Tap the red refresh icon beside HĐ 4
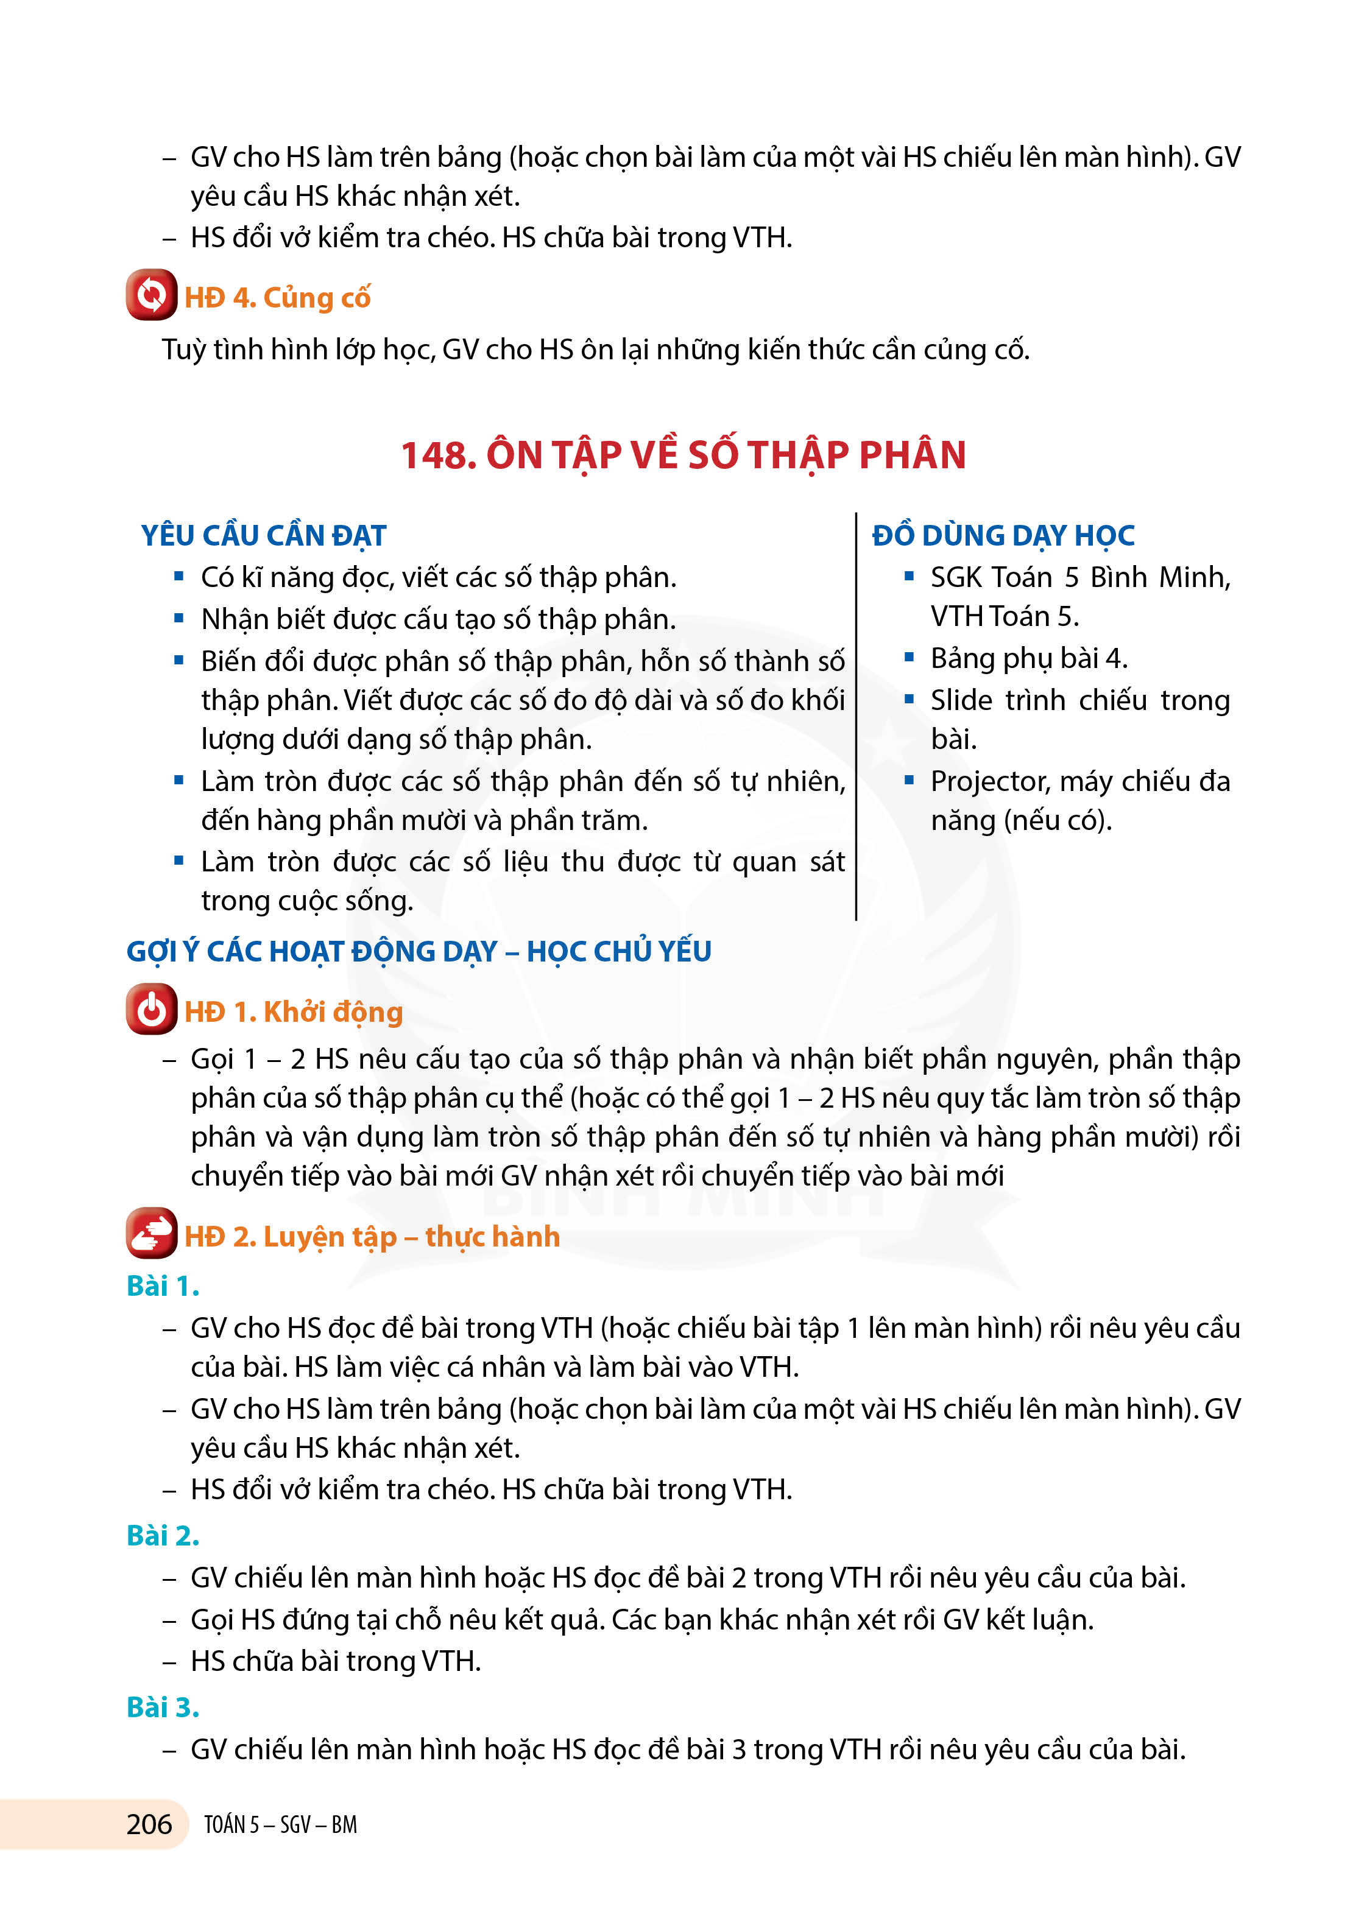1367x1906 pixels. (x=151, y=295)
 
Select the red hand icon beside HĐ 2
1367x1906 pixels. (x=151, y=1233)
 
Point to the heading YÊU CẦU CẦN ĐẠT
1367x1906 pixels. (x=263, y=535)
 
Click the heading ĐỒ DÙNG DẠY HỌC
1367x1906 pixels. (x=1003, y=535)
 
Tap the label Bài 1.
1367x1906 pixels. (x=162, y=1286)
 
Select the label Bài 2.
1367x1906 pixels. (x=162, y=1535)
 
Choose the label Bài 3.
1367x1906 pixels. (x=162, y=1707)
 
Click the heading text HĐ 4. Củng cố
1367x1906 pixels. (x=277, y=298)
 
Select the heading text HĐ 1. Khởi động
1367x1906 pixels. (x=294, y=1012)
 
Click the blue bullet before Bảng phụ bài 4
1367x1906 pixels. (x=909, y=657)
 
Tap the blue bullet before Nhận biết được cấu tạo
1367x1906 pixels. (x=178, y=619)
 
